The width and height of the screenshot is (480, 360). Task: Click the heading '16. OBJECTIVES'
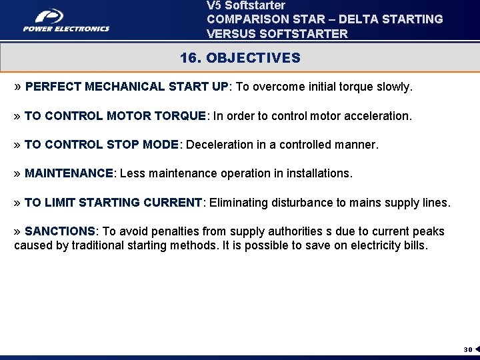coord(240,58)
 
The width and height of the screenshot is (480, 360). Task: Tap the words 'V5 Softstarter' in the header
coord(246,5)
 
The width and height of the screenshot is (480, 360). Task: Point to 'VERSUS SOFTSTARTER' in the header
coord(277,33)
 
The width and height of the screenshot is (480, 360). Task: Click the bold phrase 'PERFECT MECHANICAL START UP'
coord(127,87)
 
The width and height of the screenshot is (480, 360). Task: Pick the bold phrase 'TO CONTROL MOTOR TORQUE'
coord(115,116)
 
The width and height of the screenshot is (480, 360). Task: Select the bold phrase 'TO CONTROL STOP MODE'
coord(101,145)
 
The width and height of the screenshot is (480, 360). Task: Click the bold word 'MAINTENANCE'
coord(69,173)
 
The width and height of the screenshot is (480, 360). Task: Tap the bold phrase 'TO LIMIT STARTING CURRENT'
coord(113,203)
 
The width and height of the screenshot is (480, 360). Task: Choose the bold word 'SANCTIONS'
coord(60,231)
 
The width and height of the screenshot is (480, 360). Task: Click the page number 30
coord(468,349)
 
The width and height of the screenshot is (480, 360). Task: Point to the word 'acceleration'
coord(377,116)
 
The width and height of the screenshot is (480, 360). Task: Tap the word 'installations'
coord(318,173)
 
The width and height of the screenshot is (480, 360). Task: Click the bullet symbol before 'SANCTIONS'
coord(17,231)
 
